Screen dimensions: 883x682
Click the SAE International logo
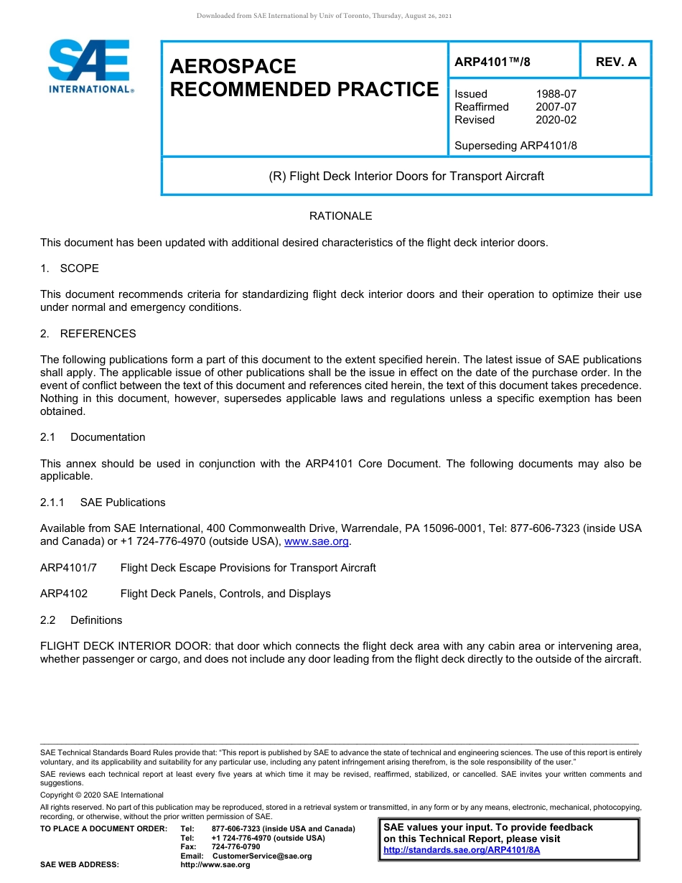[x=89, y=67]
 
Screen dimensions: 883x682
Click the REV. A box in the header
[x=616, y=62]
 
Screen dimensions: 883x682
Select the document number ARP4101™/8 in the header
[x=492, y=62]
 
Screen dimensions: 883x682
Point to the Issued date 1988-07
[x=556, y=94]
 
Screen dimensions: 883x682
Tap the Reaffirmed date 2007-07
[x=556, y=107]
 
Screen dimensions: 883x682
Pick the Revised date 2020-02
[x=556, y=120]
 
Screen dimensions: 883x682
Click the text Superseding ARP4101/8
[x=515, y=146]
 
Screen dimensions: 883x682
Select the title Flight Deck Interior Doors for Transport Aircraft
[x=406, y=176]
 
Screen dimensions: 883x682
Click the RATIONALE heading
[x=340, y=216]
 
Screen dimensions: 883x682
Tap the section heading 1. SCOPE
[x=70, y=268]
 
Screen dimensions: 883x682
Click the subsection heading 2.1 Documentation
[x=93, y=437]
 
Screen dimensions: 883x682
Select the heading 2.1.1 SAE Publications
[x=103, y=503]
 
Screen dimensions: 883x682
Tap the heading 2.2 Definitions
[x=81, y=620]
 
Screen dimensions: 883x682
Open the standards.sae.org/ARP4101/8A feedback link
[x=462, y=850]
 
